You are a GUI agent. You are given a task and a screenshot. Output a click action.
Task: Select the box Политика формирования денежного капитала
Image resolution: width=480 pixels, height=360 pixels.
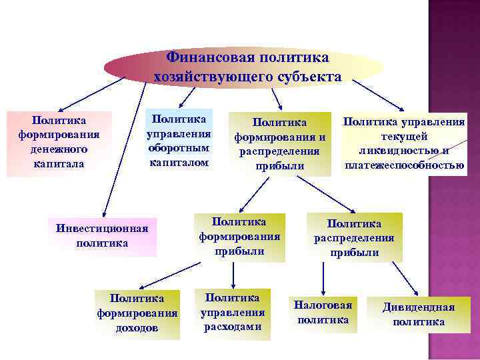59,142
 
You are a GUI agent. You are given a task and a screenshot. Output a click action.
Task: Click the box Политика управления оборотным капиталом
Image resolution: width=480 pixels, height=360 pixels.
179,140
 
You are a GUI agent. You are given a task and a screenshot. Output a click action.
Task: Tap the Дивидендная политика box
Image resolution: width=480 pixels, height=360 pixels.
419,314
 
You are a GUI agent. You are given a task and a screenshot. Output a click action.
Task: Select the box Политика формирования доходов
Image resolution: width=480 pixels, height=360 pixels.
137,312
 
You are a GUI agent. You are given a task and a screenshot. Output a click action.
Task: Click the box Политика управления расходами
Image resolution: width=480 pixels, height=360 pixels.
232,311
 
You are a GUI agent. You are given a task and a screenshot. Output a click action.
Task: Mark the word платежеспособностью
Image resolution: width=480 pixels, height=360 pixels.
405,165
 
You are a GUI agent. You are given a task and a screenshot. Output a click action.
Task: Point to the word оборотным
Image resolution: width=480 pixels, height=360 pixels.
179,148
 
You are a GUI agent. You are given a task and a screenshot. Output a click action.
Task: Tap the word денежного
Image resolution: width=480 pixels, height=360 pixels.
59,149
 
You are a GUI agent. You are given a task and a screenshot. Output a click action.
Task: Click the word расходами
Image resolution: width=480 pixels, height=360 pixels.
232,327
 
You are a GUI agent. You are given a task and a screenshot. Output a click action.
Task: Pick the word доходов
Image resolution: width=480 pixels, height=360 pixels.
137,327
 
